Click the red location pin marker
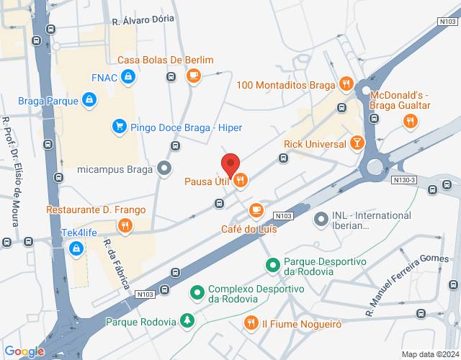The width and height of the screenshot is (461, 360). click(x=230, y=166)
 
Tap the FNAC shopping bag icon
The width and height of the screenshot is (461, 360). click(x=127, y=76)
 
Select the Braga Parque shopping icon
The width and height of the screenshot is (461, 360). click(x=89, y=100)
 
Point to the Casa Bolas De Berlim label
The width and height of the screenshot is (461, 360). click(x=166, y=60)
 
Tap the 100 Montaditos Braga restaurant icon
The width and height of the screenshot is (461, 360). click(x=346, y=85)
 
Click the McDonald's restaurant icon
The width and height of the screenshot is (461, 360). click(x=409, y=121)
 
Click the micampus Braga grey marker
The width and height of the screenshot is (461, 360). click(x=165, y=170)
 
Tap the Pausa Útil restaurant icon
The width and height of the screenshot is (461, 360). click(x=241, y=180)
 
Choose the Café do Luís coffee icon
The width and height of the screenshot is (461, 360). click(x=255, y=210)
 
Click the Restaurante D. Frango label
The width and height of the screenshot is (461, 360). click(x=96, y=210)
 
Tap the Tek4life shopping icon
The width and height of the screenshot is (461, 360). click(x=76, y=248)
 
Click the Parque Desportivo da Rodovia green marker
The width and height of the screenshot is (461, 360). click(x=273, y=266)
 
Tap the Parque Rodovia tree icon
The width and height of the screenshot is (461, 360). click(x=187, y=319)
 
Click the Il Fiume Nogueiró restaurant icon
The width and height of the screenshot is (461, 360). click(x=251, y=322)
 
